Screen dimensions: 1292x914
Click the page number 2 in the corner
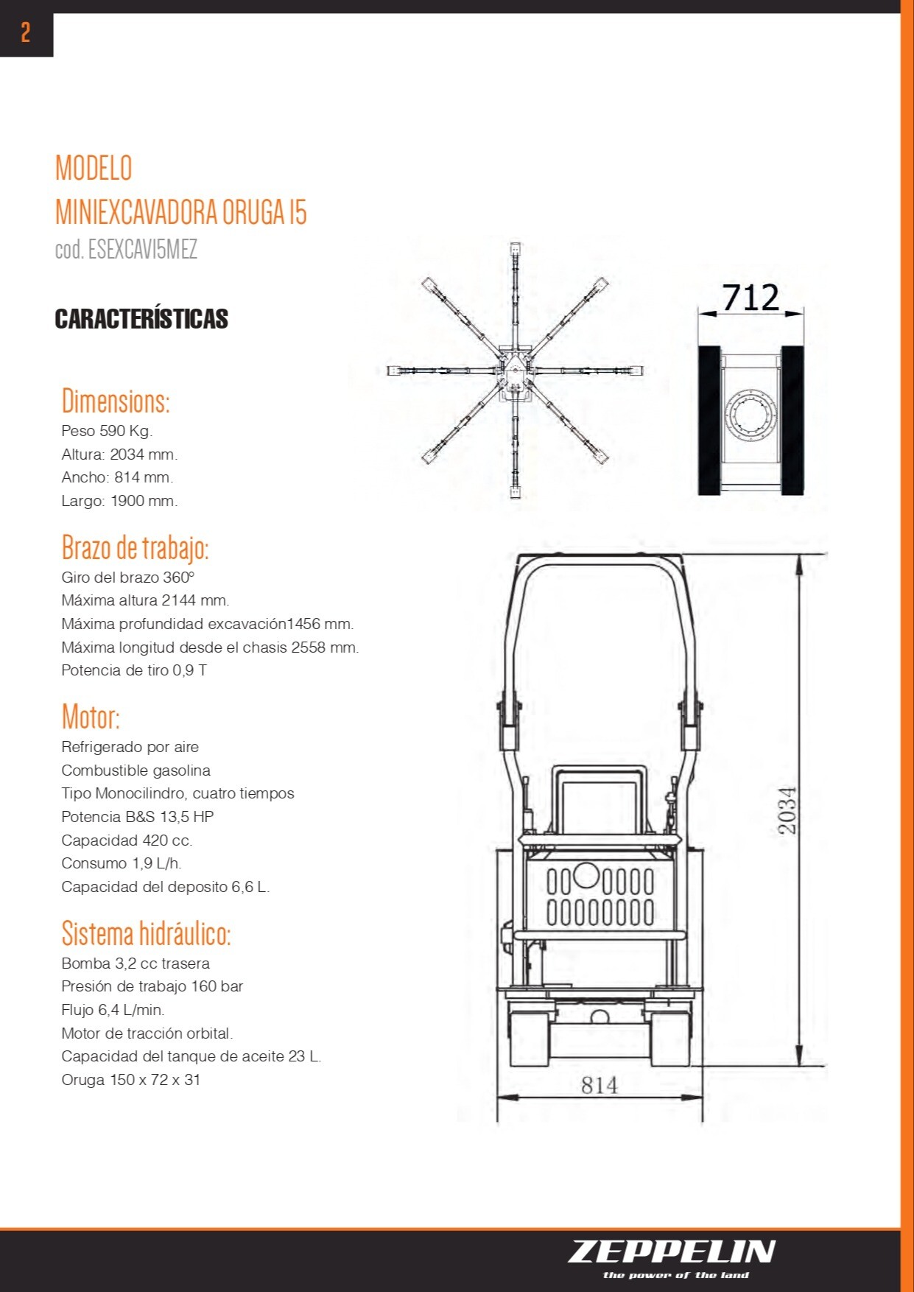(26, 32)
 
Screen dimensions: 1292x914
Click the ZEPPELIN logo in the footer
(671, 1251)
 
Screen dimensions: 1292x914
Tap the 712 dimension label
(750, 298)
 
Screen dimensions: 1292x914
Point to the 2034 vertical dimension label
(787, 810)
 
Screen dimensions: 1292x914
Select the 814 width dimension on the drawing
(599, 1085)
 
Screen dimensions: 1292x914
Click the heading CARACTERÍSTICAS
(141, 319)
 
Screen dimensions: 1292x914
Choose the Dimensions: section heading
(116, 401)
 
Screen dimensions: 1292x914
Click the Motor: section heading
(91, 717)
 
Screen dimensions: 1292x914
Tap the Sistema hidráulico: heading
(146, 933)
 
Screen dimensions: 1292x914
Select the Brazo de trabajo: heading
(135, 548)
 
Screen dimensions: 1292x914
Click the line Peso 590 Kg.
(107, 431)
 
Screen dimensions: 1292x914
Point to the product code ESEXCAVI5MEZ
(126, 250)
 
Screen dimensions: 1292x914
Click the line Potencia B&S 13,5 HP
(137, 817)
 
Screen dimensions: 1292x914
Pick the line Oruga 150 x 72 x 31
(130, 1080)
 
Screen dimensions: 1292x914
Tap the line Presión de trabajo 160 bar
(152, 986)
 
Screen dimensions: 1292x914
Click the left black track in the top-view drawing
(709, 421)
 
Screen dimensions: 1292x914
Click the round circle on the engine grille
(586, 875)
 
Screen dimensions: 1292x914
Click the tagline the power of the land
(675, 1275)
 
